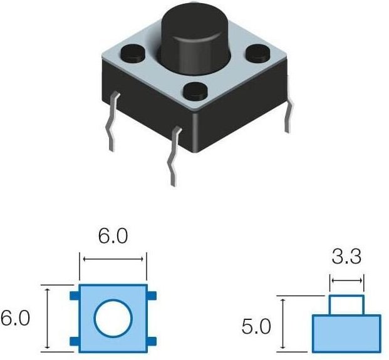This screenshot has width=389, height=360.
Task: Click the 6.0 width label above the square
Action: tap(113, 237)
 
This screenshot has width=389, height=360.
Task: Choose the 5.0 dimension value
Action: tap(256, 326)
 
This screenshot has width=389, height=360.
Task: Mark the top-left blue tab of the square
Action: tap(75, 295)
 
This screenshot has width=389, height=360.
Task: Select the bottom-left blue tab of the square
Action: tap(75, 341)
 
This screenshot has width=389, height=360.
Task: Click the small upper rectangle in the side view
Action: tap(346, 305)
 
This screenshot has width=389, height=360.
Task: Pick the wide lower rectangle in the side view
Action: tap(346, 332)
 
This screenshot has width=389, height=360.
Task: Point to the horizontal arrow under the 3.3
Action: tap(346, 281)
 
